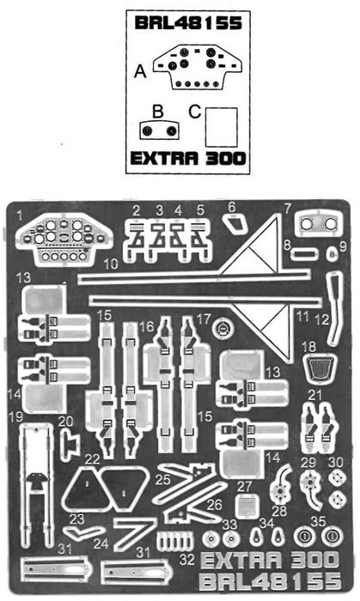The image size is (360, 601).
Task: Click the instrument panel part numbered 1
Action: (64, 240)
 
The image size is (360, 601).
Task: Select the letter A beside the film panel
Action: (140, 71)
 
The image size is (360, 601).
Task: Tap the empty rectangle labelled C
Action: (221, 127)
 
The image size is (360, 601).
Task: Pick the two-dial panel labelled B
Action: (159, 131)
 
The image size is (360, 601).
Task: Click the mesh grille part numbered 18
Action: (320, 367)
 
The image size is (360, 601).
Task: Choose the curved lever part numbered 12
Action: (334, 307)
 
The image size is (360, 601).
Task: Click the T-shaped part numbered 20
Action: (69, 444)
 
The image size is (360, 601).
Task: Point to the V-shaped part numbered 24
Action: (134, 533)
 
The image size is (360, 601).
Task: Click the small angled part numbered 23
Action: (83, 532)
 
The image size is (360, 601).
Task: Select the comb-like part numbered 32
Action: (175, 542)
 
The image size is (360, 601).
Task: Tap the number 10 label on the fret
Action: (111, 264)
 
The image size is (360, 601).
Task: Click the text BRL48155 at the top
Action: (188, 23)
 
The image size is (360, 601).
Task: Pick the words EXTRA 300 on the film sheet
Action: (188, 158)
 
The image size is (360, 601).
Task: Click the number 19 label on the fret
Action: (16, 416)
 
